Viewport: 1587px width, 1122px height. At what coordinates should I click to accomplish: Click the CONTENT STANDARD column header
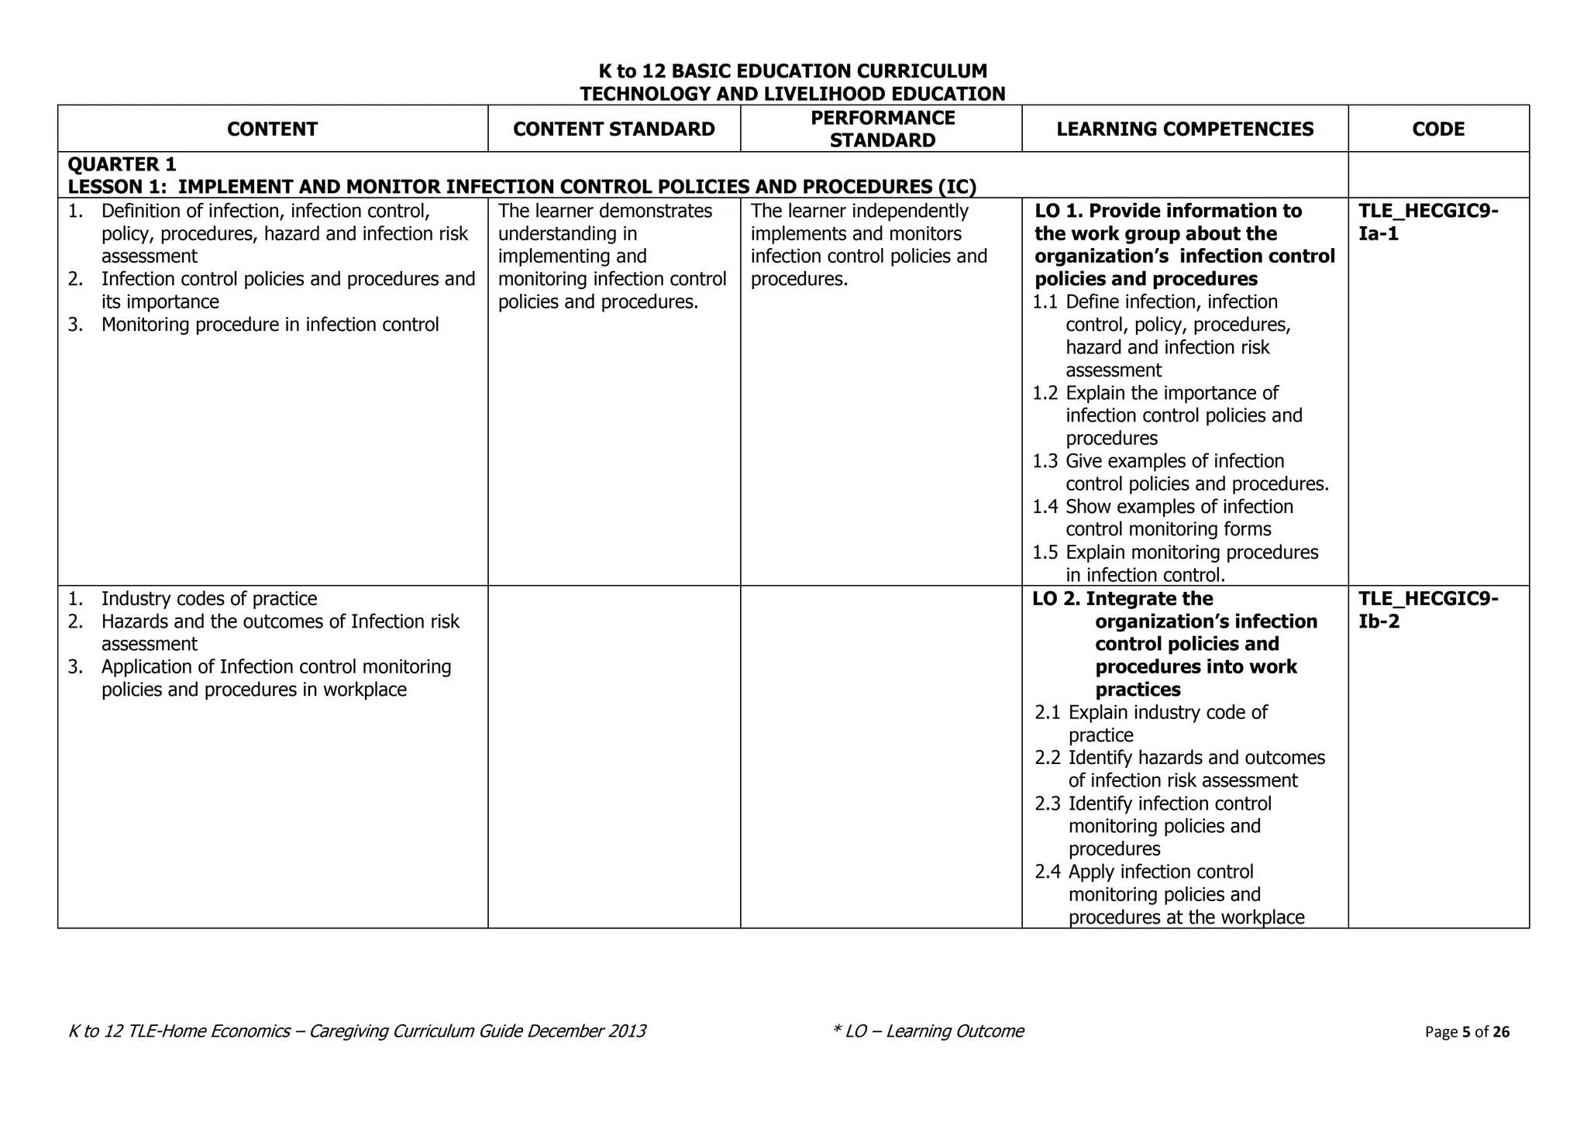614,129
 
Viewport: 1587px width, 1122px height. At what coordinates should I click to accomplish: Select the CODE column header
1437,129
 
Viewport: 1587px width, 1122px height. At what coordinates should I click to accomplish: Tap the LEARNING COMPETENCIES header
1184,129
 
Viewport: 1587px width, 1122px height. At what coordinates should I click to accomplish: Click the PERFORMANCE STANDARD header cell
882,129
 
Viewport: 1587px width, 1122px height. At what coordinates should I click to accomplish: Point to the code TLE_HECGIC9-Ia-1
1427,222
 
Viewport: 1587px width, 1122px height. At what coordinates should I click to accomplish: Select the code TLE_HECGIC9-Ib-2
1427,610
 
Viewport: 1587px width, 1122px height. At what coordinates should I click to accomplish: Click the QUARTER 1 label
122,164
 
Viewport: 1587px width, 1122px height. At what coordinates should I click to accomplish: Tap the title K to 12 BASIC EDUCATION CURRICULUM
793,71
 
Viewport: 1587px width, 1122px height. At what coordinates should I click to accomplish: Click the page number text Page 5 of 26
1467,1031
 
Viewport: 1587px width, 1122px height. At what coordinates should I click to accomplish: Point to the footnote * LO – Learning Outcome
928,1031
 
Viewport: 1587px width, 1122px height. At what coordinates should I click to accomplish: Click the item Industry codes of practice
208,599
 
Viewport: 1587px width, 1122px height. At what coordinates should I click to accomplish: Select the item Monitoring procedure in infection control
270,325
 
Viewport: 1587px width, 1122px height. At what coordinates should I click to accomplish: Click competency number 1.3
1045,462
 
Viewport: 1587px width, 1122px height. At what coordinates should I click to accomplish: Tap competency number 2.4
1047,872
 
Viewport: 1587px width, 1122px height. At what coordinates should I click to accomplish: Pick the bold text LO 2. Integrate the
1122,599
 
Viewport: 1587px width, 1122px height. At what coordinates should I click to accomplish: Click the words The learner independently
859,211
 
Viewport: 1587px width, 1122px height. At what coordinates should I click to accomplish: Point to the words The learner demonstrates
604,211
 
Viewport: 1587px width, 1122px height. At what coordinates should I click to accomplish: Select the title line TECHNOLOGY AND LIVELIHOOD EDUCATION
793,94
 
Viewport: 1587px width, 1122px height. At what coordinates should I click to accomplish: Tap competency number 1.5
1045,552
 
